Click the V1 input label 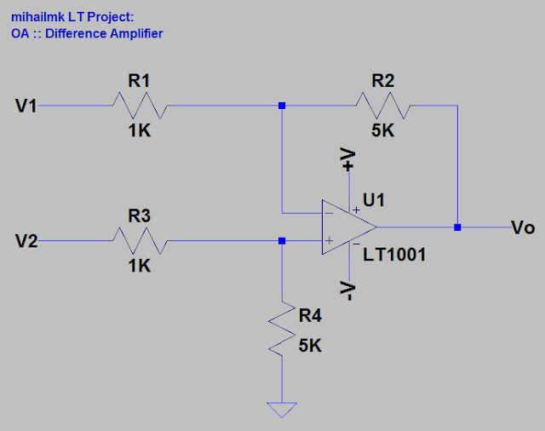point(26,106)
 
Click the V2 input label point(26,241)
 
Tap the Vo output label point(523,227)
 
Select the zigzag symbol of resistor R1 point(140,106)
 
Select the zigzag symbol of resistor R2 point(383,106)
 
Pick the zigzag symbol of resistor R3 point(140,241)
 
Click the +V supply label point(348,159)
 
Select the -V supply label point(348,290)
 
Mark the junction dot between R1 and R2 point(283,106)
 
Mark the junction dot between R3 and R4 point(283,241)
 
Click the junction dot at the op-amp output point(458,227)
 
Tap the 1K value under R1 point(140,131)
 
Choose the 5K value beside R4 point(310,346)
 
